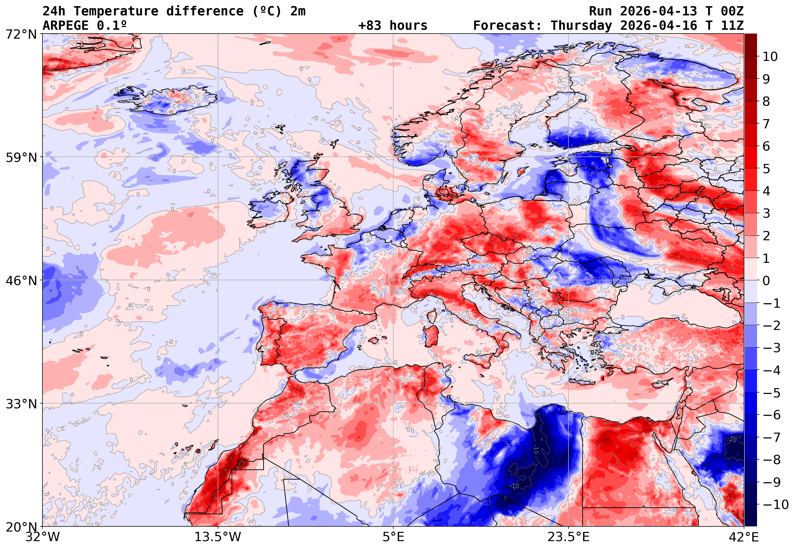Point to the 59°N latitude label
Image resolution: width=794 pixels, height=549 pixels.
pyautogui.click(x=21, y=157)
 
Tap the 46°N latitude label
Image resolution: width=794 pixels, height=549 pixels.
pyautogui.click(x=21, y=281)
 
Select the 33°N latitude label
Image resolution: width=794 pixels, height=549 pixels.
pyautogui.click(x=21, y=404)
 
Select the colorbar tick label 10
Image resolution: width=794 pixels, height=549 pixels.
pyautogui.click(x=770, y=56)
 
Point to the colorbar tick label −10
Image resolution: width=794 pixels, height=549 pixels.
pyautogui.click(x=776, y=505)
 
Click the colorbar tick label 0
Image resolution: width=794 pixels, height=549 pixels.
pyautogui.click(x=766, y=281)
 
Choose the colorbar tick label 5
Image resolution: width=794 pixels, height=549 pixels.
pyautogui.click(x=766, y=168)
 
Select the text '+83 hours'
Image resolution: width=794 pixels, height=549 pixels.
pyautogui.click(x=393, y=25)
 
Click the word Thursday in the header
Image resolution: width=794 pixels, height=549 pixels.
pyautogui.click(x=581, y=25)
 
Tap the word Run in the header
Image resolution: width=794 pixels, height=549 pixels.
pyautogui.click(x=600, y=11)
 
